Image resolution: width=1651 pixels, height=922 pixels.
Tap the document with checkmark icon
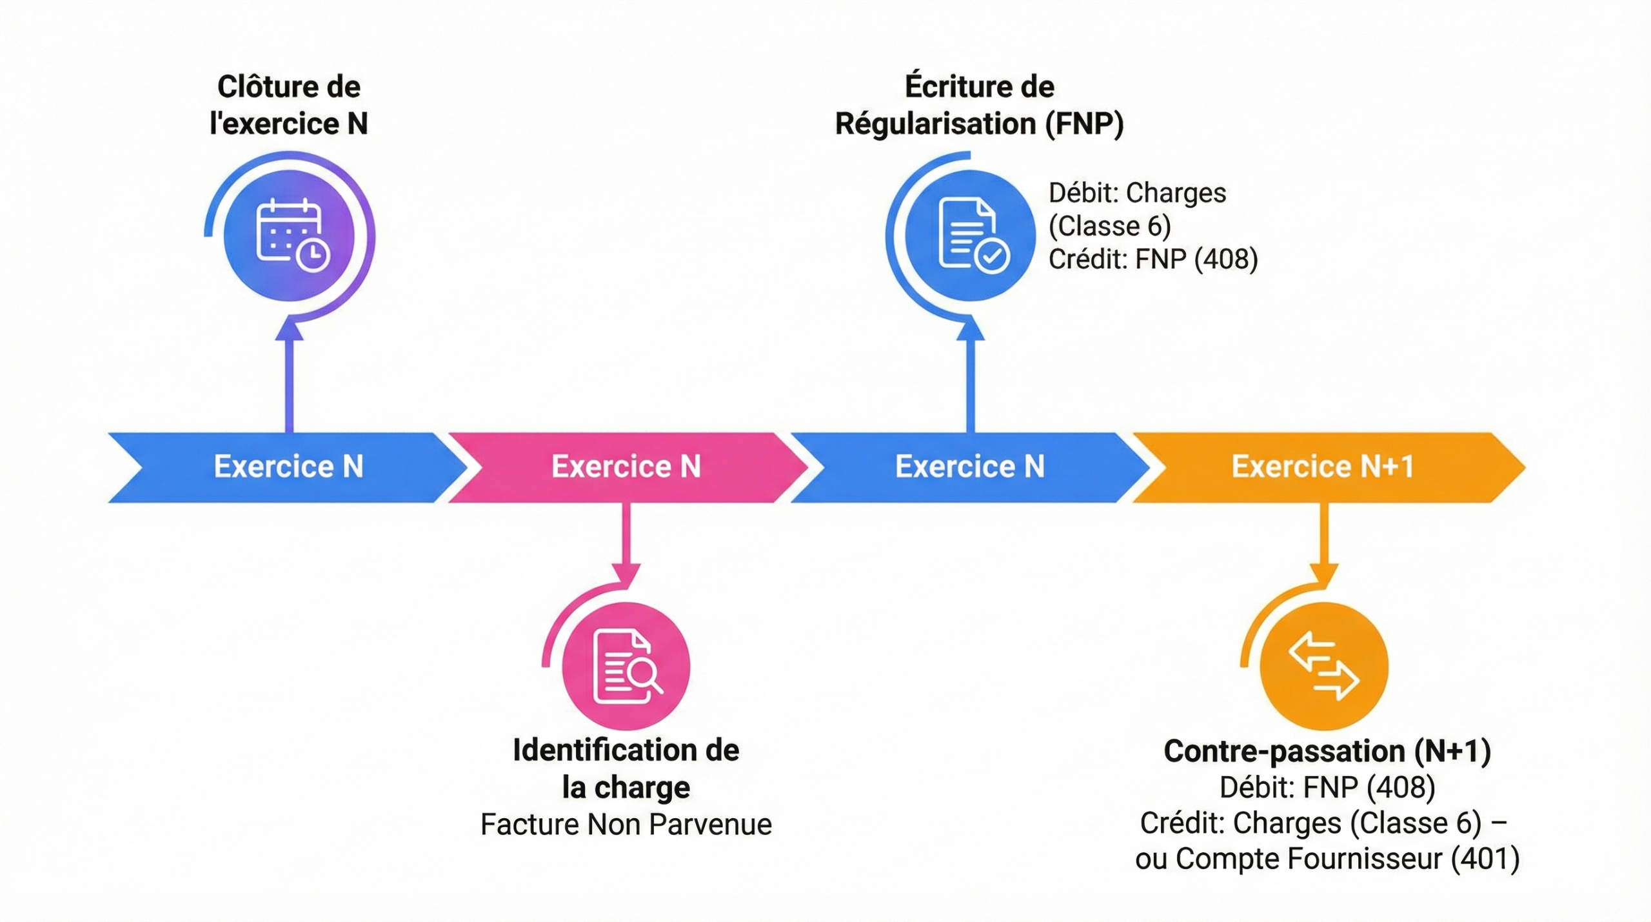970,235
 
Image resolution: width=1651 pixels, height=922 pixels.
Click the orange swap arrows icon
1323,666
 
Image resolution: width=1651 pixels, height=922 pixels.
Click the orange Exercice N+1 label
1322,466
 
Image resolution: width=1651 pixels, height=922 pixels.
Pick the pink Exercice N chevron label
626,466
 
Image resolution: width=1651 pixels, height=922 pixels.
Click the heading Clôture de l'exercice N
288,105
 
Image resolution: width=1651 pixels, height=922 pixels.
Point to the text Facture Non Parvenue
626,825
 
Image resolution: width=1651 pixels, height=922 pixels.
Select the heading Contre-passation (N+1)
1327,751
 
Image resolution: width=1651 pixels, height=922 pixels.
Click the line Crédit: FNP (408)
1152,259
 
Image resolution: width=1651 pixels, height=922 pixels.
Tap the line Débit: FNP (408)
1327,787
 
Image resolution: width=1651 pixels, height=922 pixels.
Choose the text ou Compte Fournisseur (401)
1327,859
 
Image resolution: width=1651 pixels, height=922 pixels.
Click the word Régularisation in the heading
935,124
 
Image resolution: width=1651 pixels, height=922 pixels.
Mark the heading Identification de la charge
626,768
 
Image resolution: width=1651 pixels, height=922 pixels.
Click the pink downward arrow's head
626,574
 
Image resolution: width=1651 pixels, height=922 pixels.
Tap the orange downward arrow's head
1323,574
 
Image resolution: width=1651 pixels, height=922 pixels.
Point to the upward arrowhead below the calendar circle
290,330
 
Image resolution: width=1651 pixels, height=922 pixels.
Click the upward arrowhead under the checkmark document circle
970,330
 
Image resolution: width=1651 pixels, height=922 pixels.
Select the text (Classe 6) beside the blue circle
1109,226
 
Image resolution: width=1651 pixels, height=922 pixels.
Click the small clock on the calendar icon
313,256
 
